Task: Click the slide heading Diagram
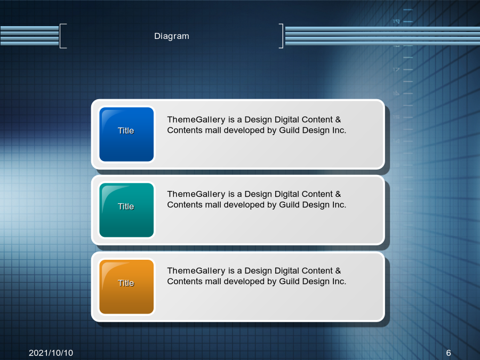pyautogui.click(x=172, y=36)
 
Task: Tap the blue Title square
pyautogui.click(x=126, y=134)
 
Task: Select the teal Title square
pyautogui.click(x=126, y=210)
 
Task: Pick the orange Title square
pyautogui.click(x=126, y=287)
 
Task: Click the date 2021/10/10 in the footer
pyautogui.click(x=51, y=353)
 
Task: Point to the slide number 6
pyautogui.click(x=449, y=353)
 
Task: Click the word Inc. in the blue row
pyautogui.click(x=339, y=131)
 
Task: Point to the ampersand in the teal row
pyautogui.click(x=338, y=194)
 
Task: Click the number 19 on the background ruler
pyautogui.click(x=396, y=21)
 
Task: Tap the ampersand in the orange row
pyautogui.click(x=338, y=271)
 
